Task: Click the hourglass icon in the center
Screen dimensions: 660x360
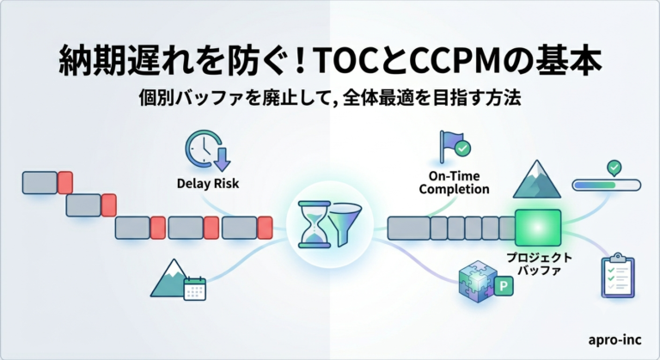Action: pos(314,224)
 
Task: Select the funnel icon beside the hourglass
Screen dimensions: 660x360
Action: pos(345,223)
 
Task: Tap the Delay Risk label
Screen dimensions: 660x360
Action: pos(208,184)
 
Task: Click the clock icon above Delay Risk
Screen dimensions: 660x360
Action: pos(207,150)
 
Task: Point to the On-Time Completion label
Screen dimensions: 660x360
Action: pos(454,182)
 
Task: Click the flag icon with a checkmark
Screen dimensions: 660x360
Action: pos(455,147)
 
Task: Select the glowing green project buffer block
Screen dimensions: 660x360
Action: pos(538,228)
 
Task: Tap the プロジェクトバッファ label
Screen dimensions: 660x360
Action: pos(539,264)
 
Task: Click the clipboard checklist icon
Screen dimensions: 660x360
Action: pos(618,275)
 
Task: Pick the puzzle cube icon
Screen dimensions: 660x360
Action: pos(477,281)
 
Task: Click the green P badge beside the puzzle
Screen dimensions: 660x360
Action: pos(504,286)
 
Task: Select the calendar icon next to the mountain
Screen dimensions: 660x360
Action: pos(194,289)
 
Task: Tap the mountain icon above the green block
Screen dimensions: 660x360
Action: pos(536,180)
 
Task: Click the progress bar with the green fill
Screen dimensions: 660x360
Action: pos(607,185)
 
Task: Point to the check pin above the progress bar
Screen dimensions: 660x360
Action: pos(614,168)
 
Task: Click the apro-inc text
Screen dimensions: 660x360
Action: pos(615,339)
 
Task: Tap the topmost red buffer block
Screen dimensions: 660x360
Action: pos(65,182)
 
